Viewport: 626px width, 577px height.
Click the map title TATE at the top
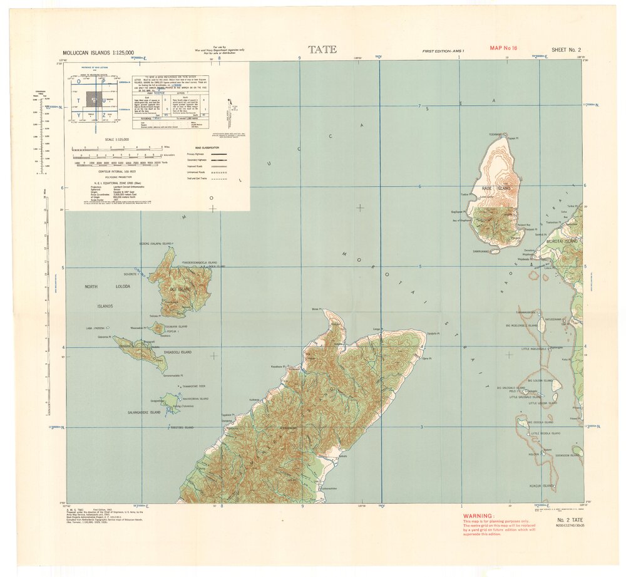[322, 49]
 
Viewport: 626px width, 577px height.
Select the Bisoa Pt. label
[316, 309]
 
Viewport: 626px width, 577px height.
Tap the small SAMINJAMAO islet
[495, 251]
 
